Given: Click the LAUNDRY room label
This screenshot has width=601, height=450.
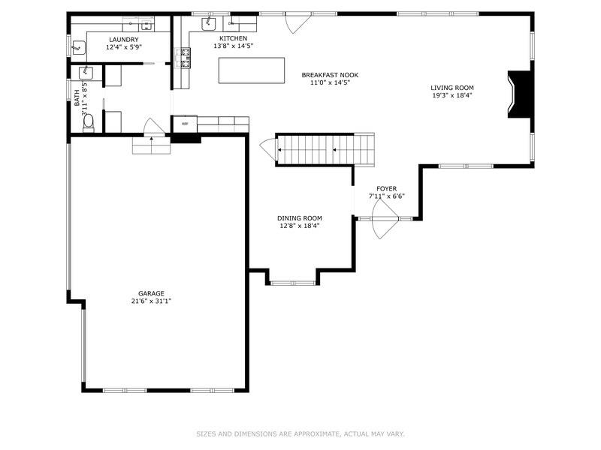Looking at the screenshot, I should [123, 39].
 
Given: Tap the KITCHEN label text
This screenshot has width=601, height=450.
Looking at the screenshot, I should [233, 38].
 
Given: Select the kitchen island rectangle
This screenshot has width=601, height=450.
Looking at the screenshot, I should [252, 70].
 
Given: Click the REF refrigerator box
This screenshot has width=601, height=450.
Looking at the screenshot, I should [185, 124].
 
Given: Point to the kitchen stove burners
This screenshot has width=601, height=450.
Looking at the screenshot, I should [183, 55].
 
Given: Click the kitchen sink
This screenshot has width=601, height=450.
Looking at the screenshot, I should [207, 23].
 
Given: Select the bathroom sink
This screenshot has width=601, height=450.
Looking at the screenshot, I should [86, 72].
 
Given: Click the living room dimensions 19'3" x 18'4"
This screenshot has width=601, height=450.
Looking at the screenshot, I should [452, 95].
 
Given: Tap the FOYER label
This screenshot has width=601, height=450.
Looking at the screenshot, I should [387, 189].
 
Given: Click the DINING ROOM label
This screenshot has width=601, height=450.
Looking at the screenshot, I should [300, 218].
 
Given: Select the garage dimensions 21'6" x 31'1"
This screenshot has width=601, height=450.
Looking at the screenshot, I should [151, 301].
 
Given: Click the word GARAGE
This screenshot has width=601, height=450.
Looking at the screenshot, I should [151, 293].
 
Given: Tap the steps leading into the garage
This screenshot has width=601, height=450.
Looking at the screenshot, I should [151, 145].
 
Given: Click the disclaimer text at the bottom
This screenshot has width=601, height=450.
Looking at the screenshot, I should [300, 433].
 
